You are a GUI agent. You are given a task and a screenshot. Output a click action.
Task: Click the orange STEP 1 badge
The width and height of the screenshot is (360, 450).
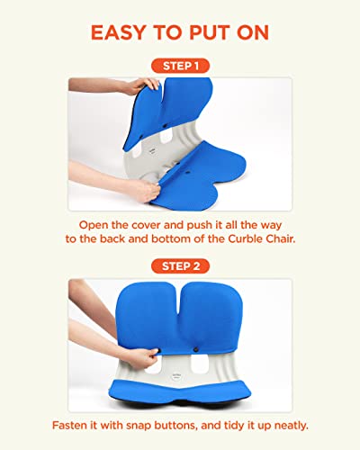pyautogui.click(x=180, y=67)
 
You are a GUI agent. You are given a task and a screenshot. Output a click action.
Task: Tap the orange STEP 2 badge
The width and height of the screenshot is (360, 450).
pyautogui.click(x=180, y=265)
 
